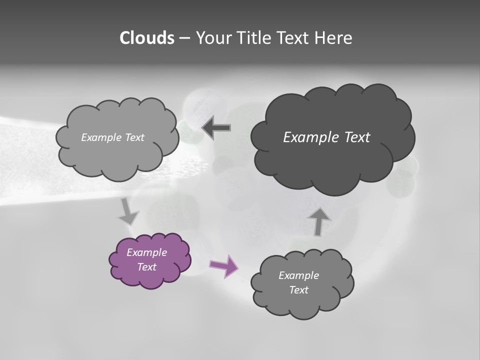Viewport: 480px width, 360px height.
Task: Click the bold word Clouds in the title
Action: click(x=146, y=38)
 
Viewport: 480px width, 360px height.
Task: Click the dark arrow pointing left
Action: click(x=216, y=128)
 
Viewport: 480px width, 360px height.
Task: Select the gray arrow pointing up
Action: click(x=318, y=220)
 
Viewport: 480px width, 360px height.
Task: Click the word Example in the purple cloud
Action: click(x=146, y=252)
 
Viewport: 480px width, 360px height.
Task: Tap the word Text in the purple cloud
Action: click(x=146, y=267)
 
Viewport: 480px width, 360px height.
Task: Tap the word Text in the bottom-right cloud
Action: click(x=298, y=290)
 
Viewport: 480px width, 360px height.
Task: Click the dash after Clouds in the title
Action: click(x=184, y=38)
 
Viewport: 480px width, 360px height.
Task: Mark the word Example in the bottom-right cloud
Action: click(x=298, y=275)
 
